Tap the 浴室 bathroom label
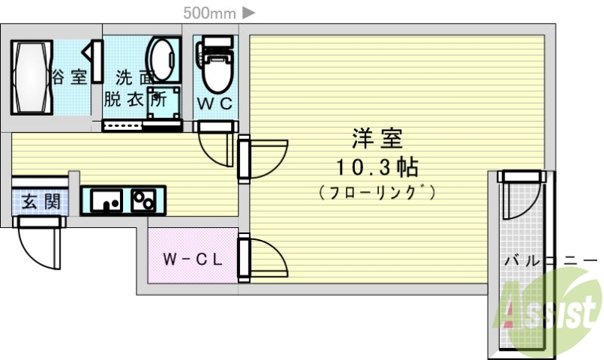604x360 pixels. tap(69, 77)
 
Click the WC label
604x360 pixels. tap(214, 103)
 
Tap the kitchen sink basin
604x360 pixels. tap(107, 200)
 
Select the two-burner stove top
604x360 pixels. tap(143, 200)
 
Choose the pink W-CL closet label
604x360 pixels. tap(193, 259)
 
